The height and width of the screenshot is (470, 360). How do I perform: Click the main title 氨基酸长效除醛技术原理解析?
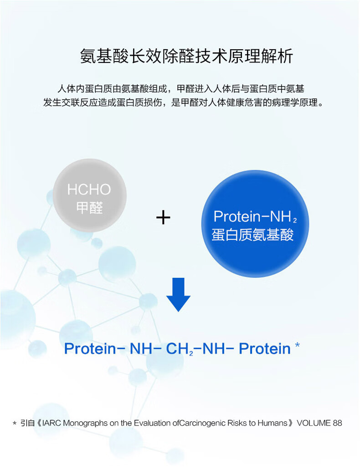[186, 56]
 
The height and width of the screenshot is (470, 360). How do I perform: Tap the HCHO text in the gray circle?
[89, 189]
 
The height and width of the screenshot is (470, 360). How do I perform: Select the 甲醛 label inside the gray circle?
[89, 208]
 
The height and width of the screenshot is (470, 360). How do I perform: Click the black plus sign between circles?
[163, 217]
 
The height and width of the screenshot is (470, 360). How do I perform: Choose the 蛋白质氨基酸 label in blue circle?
[252, 235]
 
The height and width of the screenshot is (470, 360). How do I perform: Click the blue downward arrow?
[178, 295]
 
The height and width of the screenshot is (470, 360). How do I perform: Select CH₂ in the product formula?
[180, 349]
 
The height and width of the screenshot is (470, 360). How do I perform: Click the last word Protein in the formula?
[265, 348]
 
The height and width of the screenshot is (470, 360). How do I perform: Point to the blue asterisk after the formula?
[297, 345]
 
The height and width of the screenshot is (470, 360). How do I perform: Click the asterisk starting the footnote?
[15, 424]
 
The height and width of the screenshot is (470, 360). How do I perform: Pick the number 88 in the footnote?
[337, 423]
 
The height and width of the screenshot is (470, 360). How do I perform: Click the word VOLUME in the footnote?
[314, 423]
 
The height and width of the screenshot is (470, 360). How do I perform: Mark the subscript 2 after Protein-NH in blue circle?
[294, 220]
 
